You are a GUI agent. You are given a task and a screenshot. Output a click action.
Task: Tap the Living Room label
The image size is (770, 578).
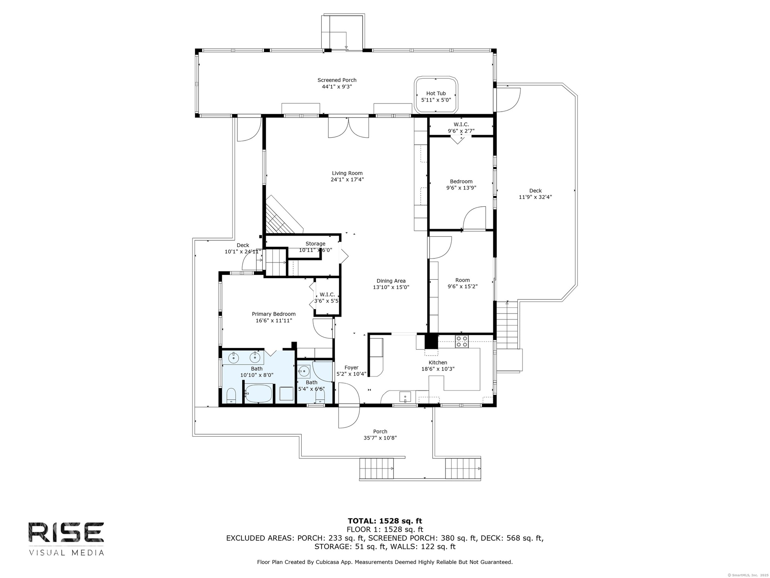tap(347, 173)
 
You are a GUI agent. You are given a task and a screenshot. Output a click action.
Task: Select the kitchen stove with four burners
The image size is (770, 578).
tap(462, 341)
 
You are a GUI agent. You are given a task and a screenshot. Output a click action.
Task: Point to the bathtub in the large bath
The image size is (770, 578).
tap(259, 393)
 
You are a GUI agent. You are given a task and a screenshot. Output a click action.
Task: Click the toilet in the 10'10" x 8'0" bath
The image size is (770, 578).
tap(231, 396)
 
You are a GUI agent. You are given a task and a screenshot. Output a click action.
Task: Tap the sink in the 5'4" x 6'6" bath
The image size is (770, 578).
tap(304, 371)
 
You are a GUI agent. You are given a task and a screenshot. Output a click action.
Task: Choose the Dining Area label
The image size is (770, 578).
tap(391, 281)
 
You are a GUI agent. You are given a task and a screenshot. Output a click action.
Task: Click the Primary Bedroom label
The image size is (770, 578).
tap(274, 314)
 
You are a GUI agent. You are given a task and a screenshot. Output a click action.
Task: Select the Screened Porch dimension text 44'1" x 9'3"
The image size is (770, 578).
tap(337, 86)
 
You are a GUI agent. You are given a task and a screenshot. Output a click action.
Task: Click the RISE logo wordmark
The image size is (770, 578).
tap(66, 532)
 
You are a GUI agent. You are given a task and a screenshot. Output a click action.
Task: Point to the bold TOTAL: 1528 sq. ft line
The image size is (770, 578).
tap(385, 521)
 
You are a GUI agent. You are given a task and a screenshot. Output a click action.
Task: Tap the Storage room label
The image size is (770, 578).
tap(315, 244)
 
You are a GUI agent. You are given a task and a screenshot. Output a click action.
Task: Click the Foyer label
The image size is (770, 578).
tap(351, 367)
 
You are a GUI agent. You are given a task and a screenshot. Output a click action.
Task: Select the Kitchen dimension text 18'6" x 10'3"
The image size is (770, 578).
tap(438, 369)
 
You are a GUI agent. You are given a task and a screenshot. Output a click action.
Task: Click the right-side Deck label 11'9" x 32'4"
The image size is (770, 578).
tap(535, 194)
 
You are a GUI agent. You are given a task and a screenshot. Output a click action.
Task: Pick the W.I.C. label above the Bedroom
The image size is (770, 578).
tap(461, 124)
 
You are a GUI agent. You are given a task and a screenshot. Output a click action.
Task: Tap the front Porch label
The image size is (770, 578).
tap(380, 431)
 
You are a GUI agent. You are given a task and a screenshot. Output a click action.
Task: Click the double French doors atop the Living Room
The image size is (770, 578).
tap(349, 128)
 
